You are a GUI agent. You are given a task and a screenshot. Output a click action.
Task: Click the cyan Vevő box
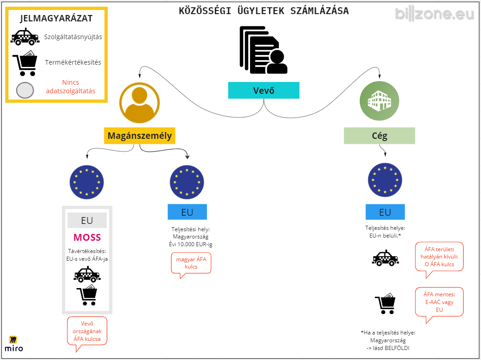264,90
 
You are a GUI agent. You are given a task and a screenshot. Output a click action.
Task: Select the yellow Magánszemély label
139,136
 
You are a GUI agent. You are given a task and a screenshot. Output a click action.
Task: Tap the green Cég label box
379,136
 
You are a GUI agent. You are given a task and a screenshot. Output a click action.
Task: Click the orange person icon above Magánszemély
139,103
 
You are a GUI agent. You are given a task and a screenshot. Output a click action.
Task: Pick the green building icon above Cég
379,101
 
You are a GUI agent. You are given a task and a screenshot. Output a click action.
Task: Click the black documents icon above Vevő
264,50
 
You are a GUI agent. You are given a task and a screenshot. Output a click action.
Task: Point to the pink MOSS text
87,238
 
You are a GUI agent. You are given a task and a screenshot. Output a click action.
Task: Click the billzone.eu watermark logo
435,14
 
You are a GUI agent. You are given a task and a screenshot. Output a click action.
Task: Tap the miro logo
14,344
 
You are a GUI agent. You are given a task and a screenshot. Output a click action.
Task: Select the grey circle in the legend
25,91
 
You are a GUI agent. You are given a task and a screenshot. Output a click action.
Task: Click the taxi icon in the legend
25,37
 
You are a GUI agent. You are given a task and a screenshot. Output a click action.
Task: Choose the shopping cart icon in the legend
25,63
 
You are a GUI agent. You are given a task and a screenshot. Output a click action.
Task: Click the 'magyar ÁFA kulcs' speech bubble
191,263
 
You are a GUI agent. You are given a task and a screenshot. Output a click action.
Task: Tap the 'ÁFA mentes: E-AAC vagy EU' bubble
439,302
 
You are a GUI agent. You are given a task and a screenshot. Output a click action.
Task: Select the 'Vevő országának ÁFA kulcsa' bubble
87,331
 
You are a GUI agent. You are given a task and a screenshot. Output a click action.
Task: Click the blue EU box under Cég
385,212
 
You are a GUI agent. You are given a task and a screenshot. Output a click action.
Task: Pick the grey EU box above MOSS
87,220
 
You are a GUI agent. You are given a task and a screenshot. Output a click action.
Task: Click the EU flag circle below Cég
385,180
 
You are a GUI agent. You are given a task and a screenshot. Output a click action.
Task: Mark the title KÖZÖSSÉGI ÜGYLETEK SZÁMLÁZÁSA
264,11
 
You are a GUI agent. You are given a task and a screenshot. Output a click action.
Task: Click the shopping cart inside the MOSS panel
87,295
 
